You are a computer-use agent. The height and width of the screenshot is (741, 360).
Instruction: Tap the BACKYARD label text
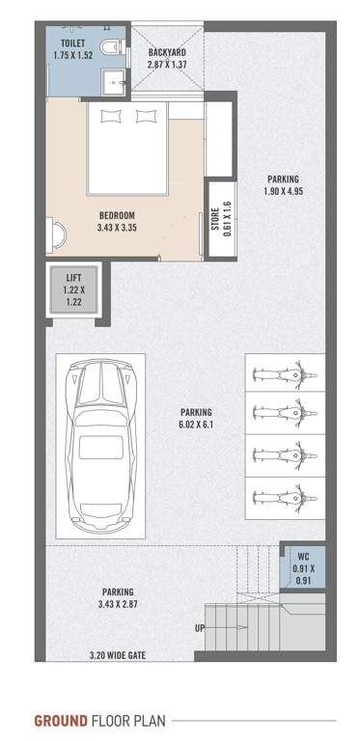(x=165, y=52)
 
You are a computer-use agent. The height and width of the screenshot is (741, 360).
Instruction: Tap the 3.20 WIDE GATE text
(x=118, y=655)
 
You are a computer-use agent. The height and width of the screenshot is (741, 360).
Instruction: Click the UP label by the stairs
(x=200, y=628)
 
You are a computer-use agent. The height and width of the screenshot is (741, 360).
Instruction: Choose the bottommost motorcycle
(x=281, y=499)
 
